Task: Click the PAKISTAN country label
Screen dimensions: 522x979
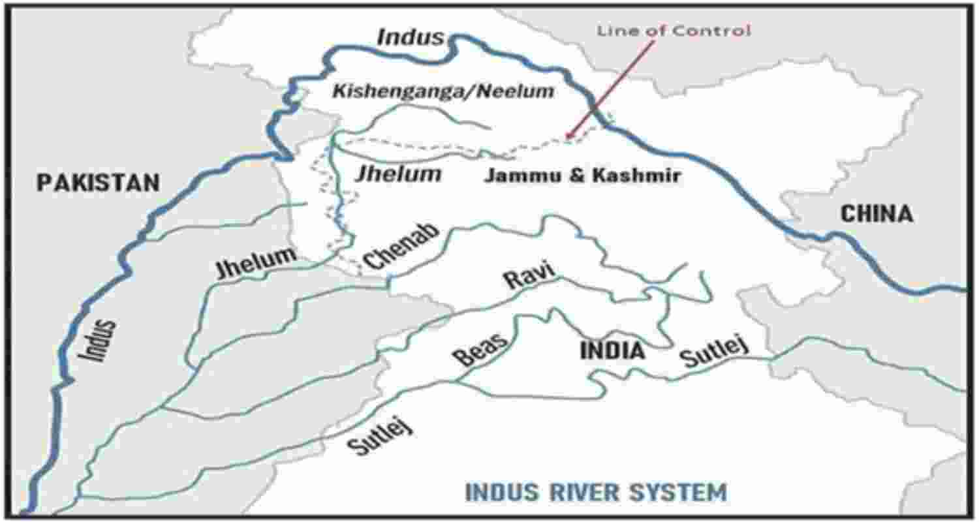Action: [x=98, y=182]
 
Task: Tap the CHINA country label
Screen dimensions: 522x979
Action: [x=876, y=213]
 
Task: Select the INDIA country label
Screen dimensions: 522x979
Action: [x=612, y=351]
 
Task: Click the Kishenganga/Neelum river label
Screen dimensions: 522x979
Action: [x=443, y=91]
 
